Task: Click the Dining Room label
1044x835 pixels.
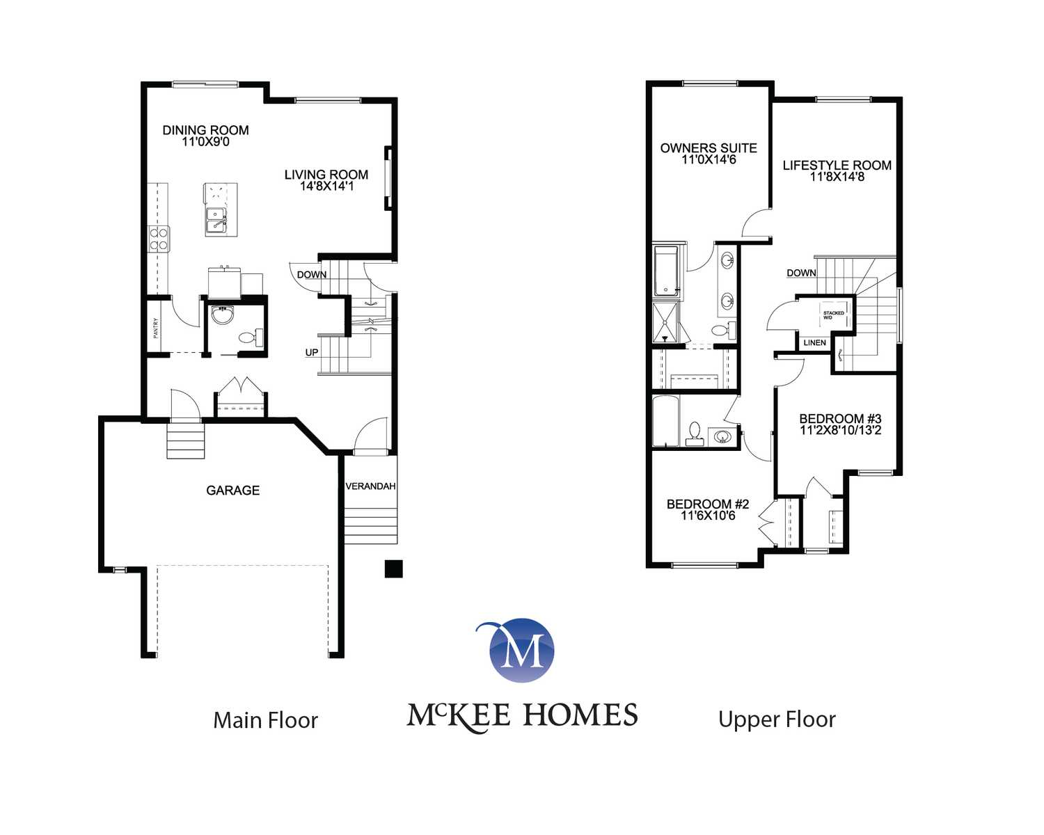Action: [x=206, y=130]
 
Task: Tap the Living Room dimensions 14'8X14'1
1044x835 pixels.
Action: [x=326, y=186]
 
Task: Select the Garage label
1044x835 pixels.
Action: [x=233, y=491]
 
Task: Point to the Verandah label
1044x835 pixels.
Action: [x=371, y=486]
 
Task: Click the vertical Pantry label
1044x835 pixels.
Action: [x=156, y=328]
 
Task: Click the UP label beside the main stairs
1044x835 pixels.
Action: [x=312, y=352]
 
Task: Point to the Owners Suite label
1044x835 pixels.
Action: [x=709, y=148]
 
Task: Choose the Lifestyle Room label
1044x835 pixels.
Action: [x=837, y=166]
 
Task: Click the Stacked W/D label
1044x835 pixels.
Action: [x=833, y=315]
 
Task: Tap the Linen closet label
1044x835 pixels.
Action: [x=814, y=342]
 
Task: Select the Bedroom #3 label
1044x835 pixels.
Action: [x=840, y=418]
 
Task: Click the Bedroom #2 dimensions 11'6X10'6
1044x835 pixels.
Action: [x=708, y=515]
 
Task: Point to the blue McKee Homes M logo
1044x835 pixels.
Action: [x=521, y=650]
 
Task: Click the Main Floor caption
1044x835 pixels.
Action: [x=265, y=720]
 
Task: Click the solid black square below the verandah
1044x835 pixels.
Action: [x=393, y=568]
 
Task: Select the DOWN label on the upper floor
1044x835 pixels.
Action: [x=801, y=273]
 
